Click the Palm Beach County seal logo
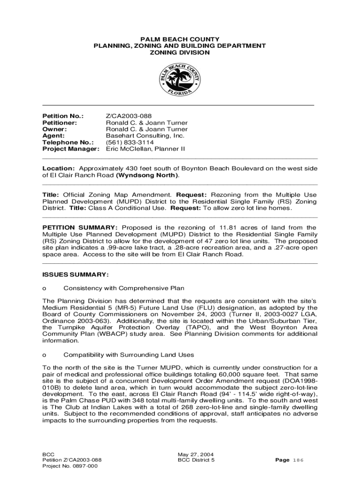point(180,80)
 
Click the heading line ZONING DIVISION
point(180,53)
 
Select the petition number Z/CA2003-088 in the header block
point(129,116)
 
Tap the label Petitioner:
point(60,123)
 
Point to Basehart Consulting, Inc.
point(145,136)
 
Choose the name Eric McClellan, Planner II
point(145,149)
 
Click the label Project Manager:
point(71,149)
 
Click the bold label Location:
point(58,168)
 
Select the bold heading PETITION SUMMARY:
point(80,227)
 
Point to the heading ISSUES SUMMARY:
point(75,274)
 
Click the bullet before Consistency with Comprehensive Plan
point(44,288)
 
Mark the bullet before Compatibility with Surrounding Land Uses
point(44,355)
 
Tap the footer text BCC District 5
point(196,460)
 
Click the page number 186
point(298,460)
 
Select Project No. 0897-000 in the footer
point(70,466)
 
